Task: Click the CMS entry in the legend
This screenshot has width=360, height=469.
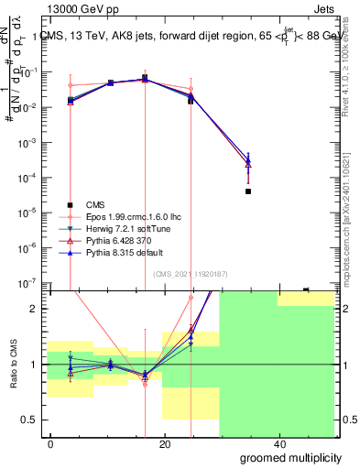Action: [x=95, y=205]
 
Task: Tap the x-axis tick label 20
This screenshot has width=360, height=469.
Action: [x=165, y=443]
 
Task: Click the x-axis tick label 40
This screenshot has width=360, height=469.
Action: [x=278, y=443]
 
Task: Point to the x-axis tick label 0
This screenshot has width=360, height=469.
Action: [x=51, y=443]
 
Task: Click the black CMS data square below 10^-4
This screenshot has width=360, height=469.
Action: [x=248, y=191]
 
